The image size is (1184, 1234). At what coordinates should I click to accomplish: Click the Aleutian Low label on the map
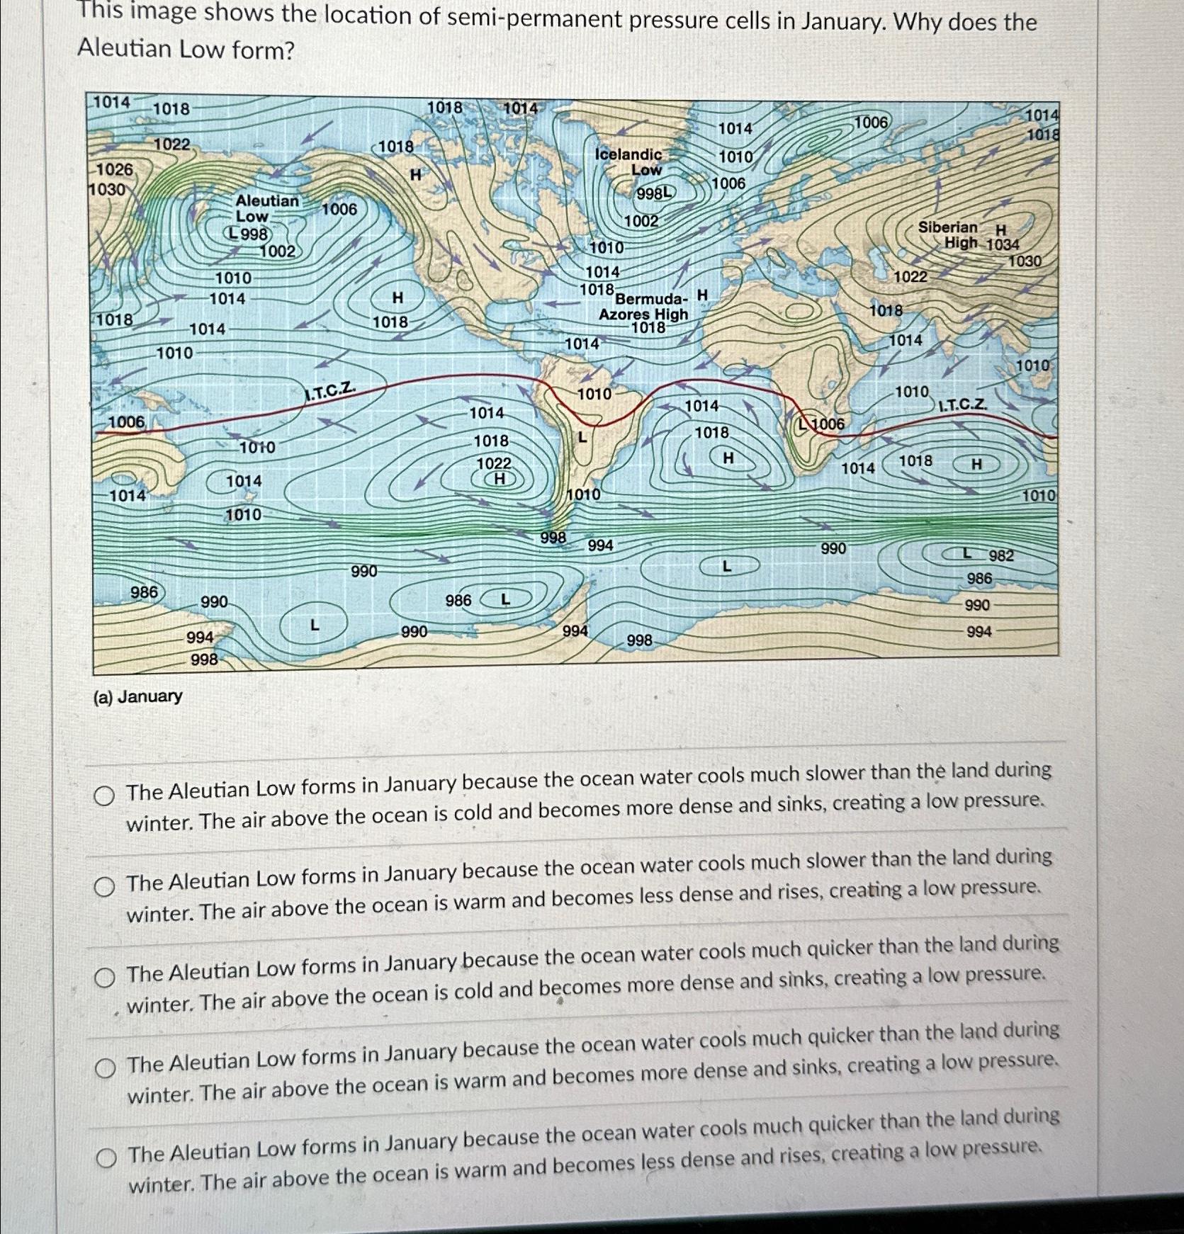tap(266, 209)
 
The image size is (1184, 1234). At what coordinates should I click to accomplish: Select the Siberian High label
tap(949, 234)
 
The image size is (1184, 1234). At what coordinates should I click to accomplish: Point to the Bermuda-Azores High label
tap(643, 307)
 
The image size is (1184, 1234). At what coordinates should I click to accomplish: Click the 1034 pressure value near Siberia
tap(1003, 244)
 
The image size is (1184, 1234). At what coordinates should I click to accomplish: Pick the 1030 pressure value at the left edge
tap(106, 190)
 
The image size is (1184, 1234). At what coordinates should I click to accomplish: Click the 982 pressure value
tap(1001, 555)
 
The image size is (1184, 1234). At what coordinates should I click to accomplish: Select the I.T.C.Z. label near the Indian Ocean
tap(962, 404)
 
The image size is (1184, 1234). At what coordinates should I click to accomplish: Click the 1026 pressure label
tap(114, 169)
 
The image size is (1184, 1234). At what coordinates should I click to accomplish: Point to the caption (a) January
tap(137, 696)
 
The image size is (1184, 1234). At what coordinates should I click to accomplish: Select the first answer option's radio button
tap(104, 797)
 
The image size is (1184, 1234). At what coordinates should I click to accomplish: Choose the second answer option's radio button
tap(105, 886)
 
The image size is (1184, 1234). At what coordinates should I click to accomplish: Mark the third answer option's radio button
tap(105, 978)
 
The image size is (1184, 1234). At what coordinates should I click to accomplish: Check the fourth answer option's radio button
tap(106, 1068)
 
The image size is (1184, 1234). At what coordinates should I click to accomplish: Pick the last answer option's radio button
tap(106, 1158)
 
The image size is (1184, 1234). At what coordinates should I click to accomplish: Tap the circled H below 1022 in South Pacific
tap(499, 479)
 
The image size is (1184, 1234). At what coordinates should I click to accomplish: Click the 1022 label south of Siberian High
tap(910, 276)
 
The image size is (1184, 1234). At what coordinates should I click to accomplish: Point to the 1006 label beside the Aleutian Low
tap(339, 208)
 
